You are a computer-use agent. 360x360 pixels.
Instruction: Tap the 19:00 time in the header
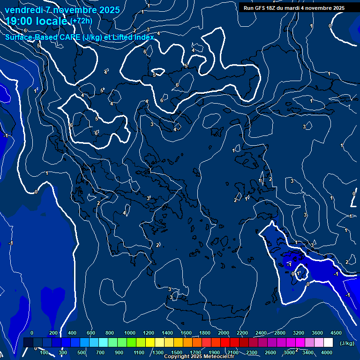pos(20,21)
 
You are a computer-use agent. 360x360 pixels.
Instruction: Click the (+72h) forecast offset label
pos(81,21)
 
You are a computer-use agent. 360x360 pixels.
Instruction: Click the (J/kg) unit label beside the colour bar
pos(346,343)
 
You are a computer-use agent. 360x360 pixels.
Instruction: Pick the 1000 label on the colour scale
pos(130,333)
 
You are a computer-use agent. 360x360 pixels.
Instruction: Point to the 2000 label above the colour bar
pos(224,333)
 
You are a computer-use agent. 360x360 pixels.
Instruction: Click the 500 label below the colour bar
pos(82,352)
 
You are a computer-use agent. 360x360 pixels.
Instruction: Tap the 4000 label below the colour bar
pos(327,352)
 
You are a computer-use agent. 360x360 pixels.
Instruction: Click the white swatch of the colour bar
pos(328,343)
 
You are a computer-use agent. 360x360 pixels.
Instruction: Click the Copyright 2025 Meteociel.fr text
pos(199,357)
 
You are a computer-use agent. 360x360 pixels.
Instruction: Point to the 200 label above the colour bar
pos(53,333)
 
